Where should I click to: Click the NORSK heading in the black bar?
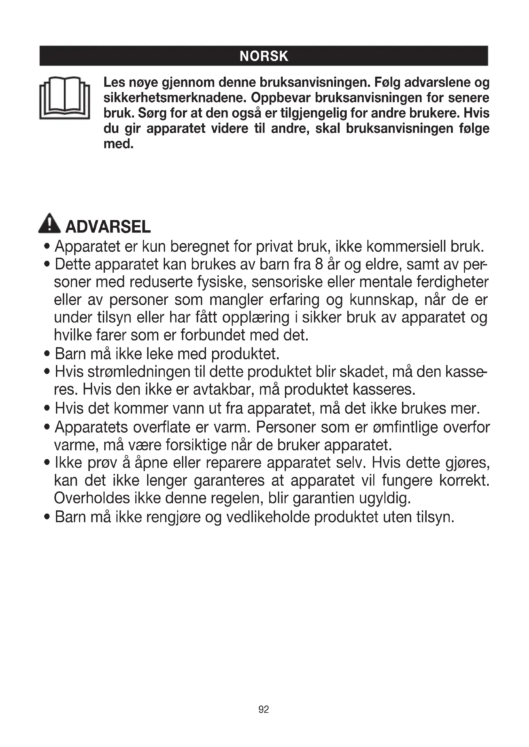(264, 56)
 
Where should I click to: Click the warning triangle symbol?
(49, 224)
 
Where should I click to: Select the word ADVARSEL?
(108, 227)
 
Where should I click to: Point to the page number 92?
(264, 710)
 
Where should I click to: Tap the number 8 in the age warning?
(319, 264)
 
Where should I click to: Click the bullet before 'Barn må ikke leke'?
(48, 354)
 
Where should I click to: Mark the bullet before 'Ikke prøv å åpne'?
(48, 463)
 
